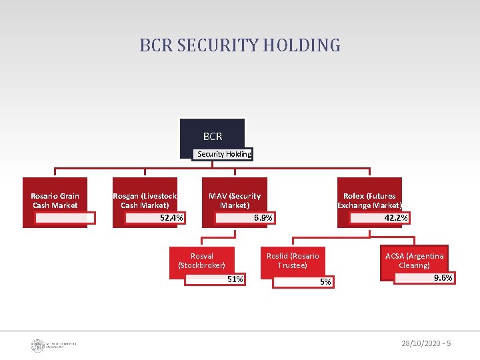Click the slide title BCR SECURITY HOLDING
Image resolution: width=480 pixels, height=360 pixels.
click(x=240, y=45)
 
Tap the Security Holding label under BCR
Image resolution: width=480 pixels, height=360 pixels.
click(x=224, y=154)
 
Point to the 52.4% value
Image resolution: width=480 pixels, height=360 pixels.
click(x=172, y=218)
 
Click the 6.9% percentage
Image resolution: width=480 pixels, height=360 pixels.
click(x=264, y=219)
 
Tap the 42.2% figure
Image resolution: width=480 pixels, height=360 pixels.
click(x=396, y=218)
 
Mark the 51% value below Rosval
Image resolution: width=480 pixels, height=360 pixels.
click(x=235, y=279)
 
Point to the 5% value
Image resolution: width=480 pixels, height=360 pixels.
click(x=325, y=282)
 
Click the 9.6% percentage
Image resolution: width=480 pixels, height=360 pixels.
click(x=443, y=278)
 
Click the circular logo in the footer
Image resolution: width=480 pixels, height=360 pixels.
click(x=37, y=345)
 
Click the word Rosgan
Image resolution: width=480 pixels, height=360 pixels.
click(x=126, y=196)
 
